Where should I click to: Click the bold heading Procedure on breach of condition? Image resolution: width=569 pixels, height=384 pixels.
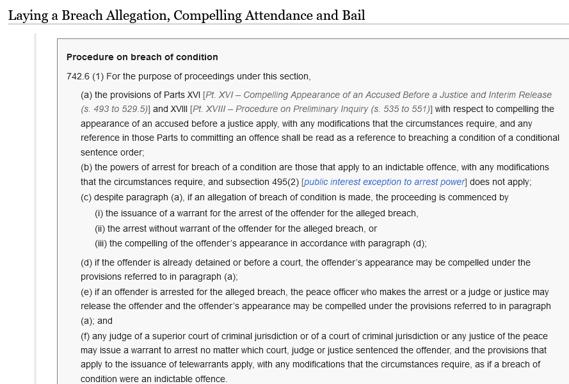pos(142,57)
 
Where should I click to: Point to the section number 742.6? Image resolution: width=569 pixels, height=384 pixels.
pos(78,77)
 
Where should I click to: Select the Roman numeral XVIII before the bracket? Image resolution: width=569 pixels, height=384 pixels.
pos(179,109)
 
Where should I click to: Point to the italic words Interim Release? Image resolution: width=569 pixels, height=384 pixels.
pos(522,95)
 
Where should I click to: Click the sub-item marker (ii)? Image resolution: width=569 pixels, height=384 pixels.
pos(100,228)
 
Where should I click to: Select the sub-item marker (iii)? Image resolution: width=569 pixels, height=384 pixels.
pos(102,243)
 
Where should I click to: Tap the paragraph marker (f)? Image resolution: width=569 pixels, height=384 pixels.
pos(86,336)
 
